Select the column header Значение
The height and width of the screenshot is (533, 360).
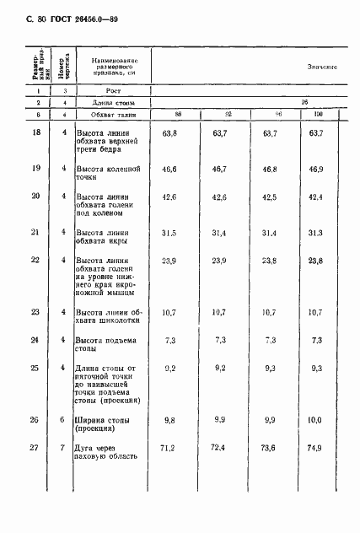[322, 66]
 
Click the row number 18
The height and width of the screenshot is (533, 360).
[35, 133]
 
